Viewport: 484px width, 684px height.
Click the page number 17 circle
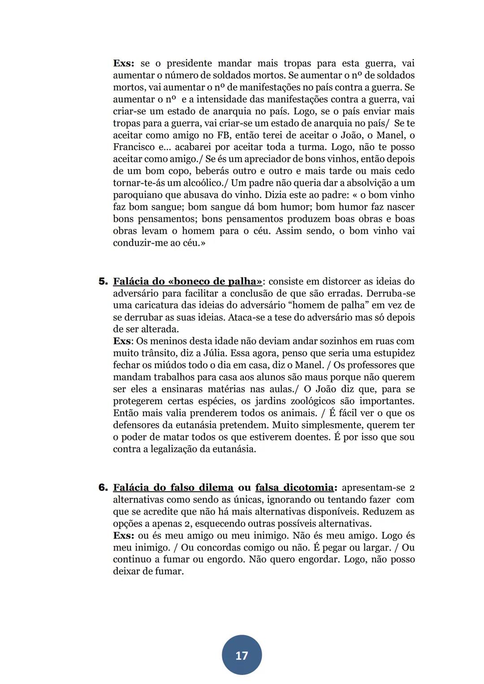click(242, 655)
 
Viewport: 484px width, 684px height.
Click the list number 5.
click(103, 281)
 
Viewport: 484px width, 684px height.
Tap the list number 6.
click(103, 487)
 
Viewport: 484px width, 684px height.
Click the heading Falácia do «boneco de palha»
click(187, 281)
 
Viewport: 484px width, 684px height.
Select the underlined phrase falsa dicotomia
click(294, 487)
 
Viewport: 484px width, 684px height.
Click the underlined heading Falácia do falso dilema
click(173, 487)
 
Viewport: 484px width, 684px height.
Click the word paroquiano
click(138, 195)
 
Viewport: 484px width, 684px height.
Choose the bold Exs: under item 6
click(123, 535)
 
